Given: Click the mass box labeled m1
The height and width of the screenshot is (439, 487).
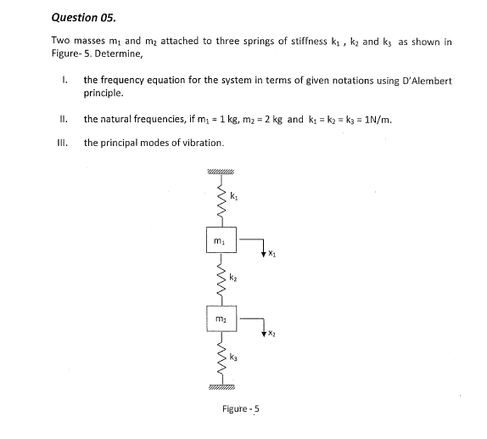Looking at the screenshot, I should click(x=221, y=240).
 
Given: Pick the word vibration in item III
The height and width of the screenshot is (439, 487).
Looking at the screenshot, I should click(x=202, y=143).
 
